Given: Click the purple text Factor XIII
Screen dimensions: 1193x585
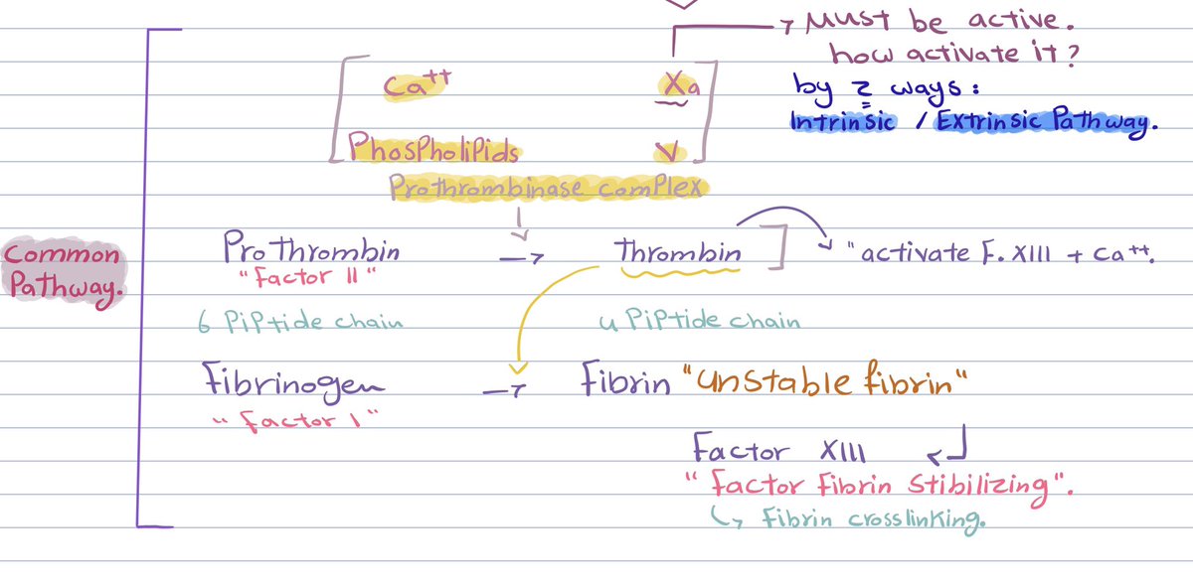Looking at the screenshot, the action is click(779, 452).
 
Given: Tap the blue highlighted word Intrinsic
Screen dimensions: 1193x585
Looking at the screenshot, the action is click(842, 122).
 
